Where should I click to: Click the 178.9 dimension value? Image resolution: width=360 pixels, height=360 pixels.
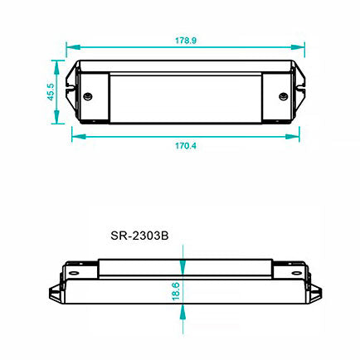[186, 39]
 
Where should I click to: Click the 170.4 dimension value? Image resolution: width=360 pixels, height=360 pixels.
[185, 145]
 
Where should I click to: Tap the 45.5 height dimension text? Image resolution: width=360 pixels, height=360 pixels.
[50, 91]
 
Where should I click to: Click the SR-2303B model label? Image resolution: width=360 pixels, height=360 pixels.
[139, 235]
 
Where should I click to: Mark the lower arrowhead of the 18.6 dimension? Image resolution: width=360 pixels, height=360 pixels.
[182, 314]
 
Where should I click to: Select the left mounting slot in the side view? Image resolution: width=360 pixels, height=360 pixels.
[75, 270]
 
